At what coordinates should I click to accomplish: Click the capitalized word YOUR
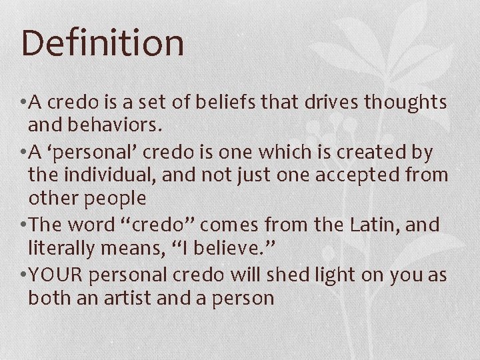[61, 274]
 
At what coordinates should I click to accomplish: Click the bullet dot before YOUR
[23, 275]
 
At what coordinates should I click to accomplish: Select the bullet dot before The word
[23, 226]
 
